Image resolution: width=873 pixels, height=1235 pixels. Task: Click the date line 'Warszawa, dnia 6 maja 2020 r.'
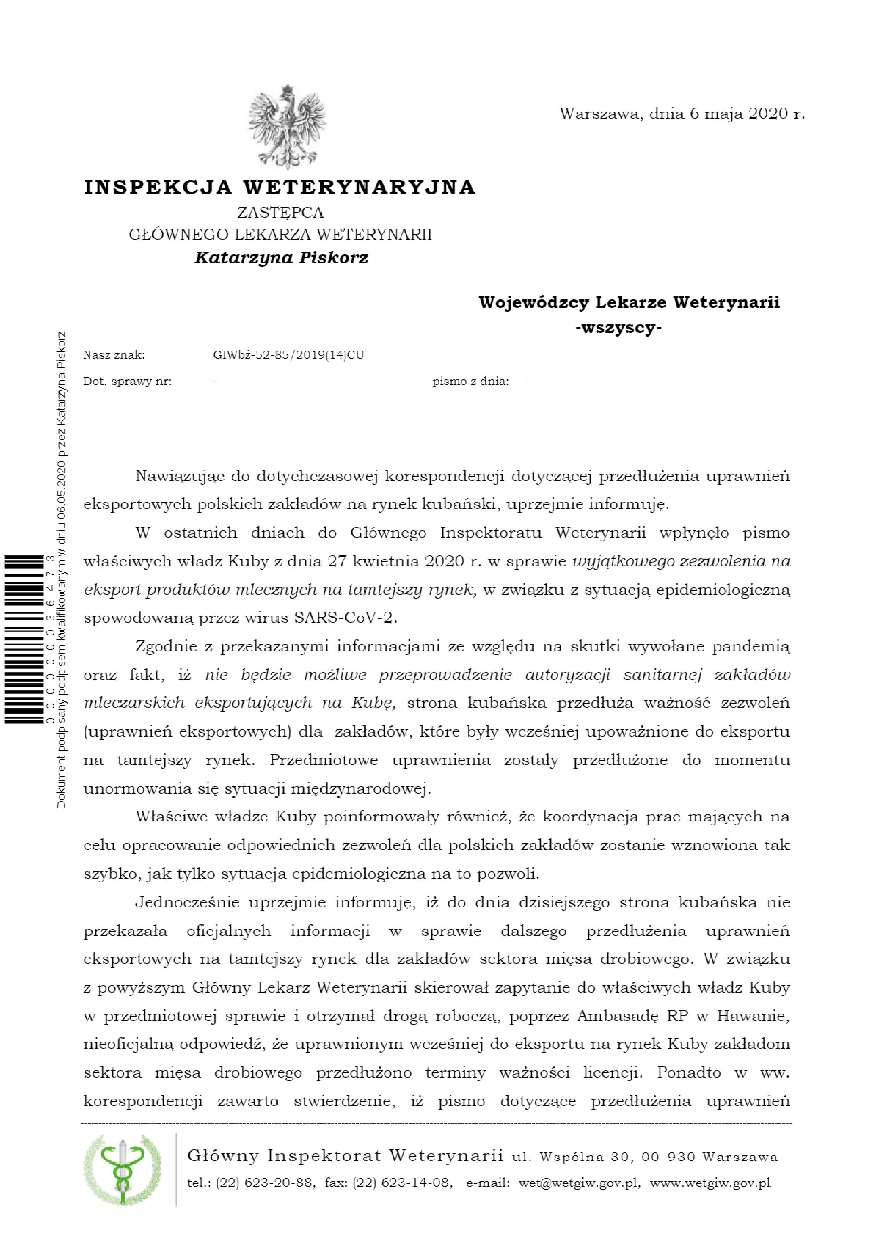coord(681,114)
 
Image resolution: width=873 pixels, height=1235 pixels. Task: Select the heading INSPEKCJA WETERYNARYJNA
coord(280,187)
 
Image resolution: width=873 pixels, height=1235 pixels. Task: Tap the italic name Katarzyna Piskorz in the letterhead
coord(281,258)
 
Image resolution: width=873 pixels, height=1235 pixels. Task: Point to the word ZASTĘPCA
coord(280,213)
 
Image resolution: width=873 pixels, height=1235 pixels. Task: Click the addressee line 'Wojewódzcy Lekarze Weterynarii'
coord(629,302)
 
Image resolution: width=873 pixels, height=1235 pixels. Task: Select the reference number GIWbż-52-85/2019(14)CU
coord(288,355)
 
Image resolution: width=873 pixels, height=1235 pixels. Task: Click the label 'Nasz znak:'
coord(114,355)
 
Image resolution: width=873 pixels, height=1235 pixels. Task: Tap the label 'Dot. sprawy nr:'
coord(127,382)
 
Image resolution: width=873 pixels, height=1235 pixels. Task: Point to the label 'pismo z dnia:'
coord(470,382)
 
